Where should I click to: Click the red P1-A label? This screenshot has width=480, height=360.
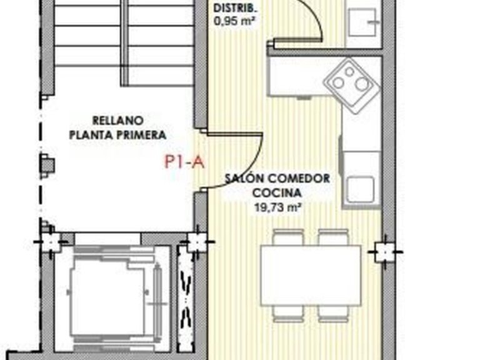pos(184,162)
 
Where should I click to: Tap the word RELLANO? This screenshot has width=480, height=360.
pos(117,120)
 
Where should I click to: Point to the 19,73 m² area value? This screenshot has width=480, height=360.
pos(276,209)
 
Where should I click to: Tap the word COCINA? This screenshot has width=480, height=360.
pos(276,194)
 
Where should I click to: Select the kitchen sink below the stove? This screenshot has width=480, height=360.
pos(361,186)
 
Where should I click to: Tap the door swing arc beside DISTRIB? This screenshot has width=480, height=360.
pos(312,19)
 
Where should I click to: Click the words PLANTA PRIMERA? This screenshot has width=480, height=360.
pos(117,134)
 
